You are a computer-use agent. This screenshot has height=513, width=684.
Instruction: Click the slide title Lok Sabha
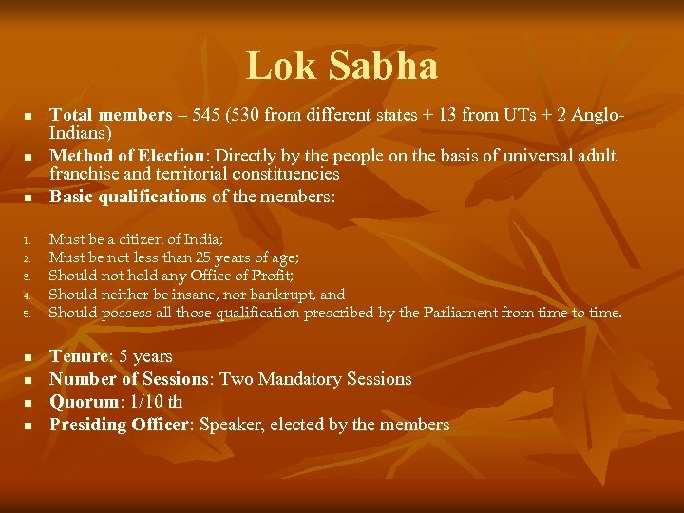(x=342, y=66)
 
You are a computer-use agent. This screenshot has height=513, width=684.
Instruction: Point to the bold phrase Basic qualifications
(x=127, y=197)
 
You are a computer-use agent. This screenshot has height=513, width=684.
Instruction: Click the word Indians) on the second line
(x=81, y=134)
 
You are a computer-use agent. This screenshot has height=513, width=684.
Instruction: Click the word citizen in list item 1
(x=150, y=239)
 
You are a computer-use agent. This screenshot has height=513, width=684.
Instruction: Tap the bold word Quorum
(x=83, y=402)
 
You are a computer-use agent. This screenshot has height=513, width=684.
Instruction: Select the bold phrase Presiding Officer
(x=120, y=425)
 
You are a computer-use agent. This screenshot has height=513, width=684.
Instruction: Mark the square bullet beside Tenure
(x=28, y=357)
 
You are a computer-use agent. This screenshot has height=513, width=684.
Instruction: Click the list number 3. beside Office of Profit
(x=28, y=276)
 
